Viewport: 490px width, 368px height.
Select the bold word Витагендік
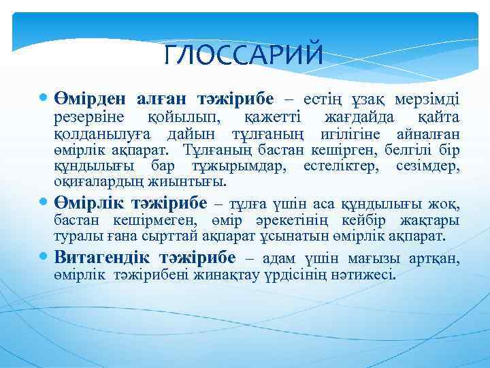101,258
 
